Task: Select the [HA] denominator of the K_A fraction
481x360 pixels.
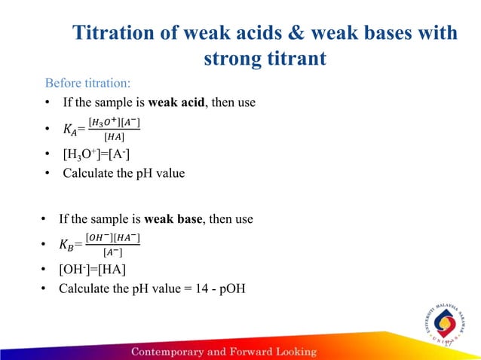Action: (113, 136)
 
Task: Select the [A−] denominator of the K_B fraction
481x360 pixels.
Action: (113, 252)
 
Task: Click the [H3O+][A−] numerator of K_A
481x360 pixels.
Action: (114, 123)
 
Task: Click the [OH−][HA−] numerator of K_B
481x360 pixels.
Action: (113, 239)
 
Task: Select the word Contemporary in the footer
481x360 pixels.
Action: (170, 352)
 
